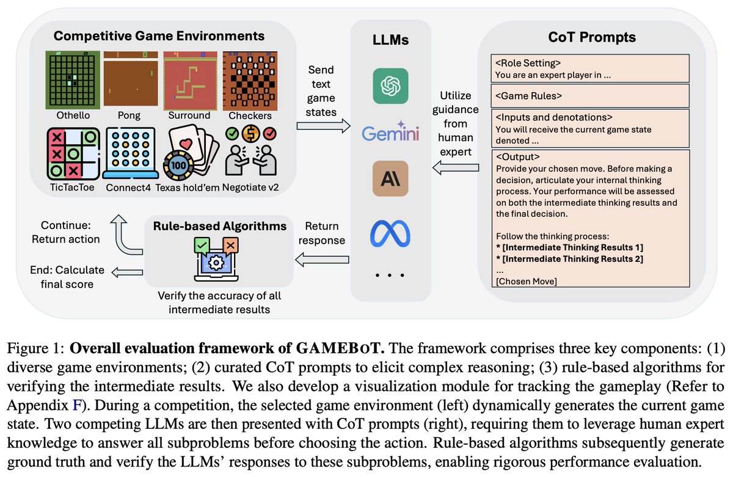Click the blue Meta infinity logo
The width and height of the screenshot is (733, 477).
(389, 232)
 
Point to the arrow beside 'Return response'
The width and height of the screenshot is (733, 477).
(322, 260)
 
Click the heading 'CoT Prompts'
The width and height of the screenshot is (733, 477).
(591, 37)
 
